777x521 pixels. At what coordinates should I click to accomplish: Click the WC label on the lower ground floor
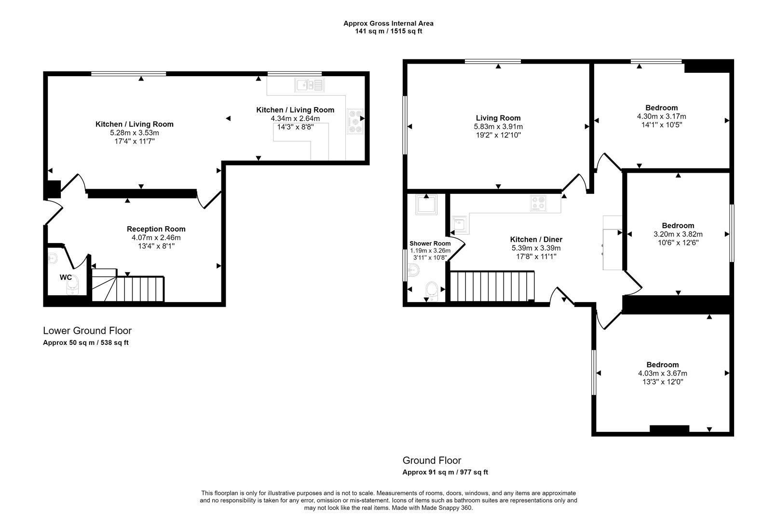coord(66,277)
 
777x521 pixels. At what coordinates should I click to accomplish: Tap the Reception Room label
coord(156,229)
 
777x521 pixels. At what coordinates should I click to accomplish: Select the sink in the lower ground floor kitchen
coord(310,85)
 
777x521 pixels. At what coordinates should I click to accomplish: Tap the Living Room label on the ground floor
coord(498,118)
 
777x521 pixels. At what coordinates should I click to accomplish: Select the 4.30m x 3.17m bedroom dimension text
coord(661,116)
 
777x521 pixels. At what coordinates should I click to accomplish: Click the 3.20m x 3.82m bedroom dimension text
coord(678,234)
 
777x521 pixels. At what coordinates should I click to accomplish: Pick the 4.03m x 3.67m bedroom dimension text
coord(662,373)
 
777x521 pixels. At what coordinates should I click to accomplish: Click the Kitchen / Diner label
coord(536,240)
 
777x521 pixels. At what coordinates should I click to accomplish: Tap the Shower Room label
coord(430,244)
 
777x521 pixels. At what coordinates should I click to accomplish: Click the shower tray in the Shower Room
coord(426,205)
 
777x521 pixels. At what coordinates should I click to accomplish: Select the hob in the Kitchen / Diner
coord(538,204)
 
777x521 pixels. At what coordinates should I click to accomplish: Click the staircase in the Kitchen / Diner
coord(492,287)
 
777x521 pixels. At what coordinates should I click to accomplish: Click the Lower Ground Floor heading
coord(87,331)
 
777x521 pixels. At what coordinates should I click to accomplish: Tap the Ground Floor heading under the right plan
coord(432,461)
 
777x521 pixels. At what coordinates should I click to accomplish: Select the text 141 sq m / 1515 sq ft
coord(388,31)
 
